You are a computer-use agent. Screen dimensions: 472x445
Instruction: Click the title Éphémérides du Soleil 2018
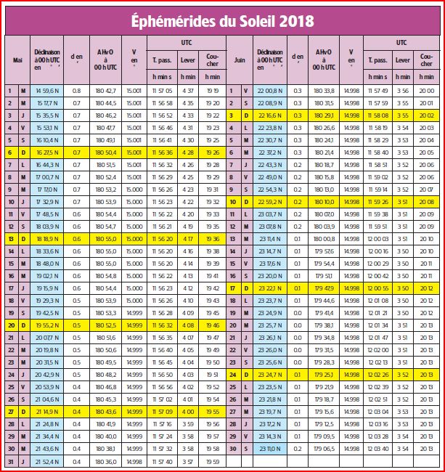(222, 20)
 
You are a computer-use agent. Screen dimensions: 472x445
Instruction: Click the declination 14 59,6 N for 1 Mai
(46, 91)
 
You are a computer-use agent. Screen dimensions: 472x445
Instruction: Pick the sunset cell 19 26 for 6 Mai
(212, 152)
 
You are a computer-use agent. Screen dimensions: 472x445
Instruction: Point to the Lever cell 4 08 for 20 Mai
(187, 325)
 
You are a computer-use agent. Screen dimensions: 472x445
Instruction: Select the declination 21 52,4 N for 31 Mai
(46, 460)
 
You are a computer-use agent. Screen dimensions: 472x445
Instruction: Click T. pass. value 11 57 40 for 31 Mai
(161, 460)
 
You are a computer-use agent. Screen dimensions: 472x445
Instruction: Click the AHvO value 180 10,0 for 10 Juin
(324, 201)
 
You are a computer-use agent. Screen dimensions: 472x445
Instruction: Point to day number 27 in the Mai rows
(10, 411)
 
